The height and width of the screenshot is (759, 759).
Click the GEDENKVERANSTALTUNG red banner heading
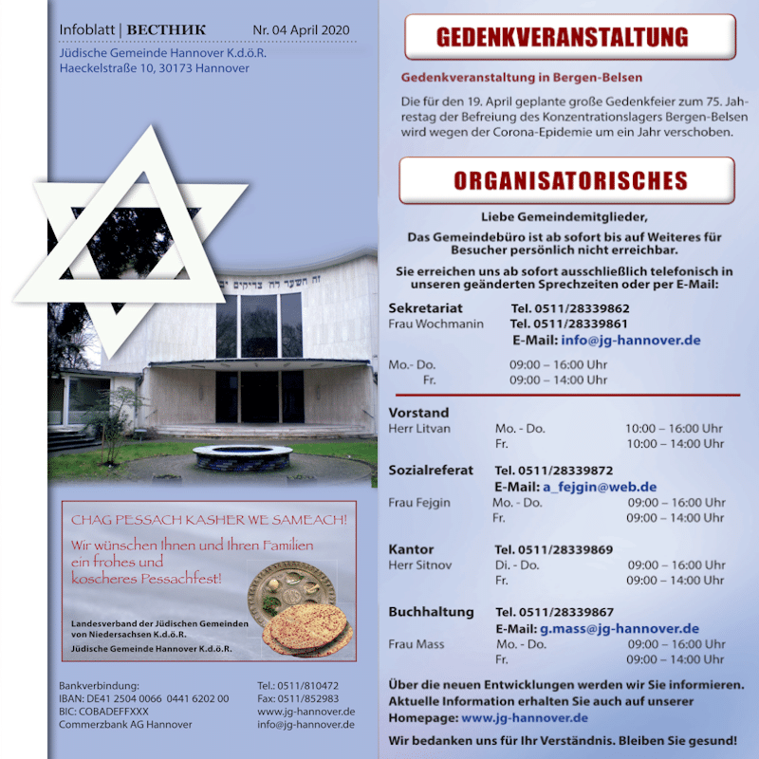(x=569, y=38)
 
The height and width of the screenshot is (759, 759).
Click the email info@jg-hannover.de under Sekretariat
(x=631, y=340)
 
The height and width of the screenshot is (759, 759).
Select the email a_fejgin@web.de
(x=600, y=487)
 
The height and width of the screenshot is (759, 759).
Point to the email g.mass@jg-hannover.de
(x=620, y=628)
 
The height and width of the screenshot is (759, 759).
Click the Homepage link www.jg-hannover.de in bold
(x=524, y=718)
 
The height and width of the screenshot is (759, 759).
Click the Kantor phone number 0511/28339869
(x=567, y=549)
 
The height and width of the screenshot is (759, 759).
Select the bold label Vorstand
(x=418, y=413)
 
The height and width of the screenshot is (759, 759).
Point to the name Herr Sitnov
(x=420, y=565)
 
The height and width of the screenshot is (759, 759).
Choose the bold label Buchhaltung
(x=431, y=612)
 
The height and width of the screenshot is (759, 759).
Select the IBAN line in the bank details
(x=143, y=698)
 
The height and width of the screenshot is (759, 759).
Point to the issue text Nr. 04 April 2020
(x=302, y=30)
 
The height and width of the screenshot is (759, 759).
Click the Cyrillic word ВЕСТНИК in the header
(x=166, y=30)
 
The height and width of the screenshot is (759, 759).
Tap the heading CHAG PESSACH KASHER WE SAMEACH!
(x=209, y=520)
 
